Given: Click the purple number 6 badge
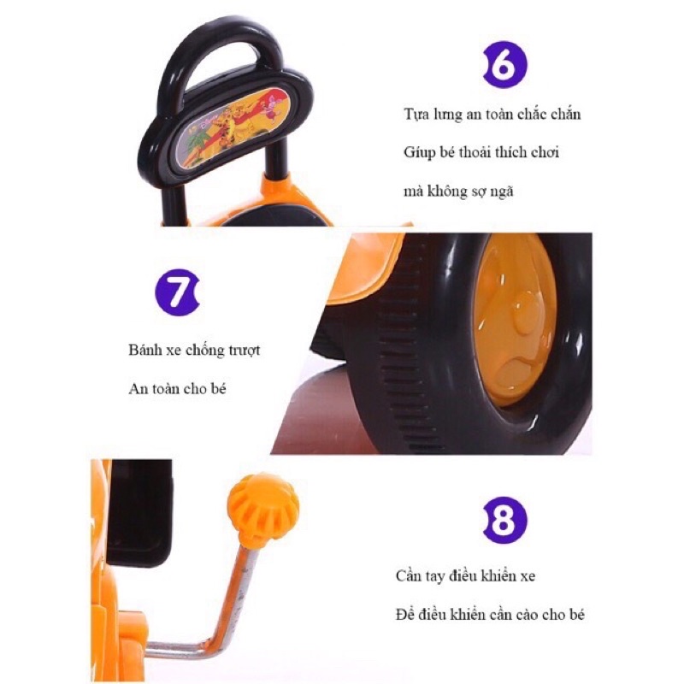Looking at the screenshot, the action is pos(504,65).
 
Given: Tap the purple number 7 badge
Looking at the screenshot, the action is pos(178,292).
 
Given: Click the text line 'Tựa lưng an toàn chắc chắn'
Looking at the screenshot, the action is pos(492,115).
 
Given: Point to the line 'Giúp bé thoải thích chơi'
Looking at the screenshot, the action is pos(481,153).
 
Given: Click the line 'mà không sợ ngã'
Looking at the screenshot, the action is pos(458,192).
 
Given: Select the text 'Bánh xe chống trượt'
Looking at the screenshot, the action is pos(194,351).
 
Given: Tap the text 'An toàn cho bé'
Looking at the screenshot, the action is pos(177,389).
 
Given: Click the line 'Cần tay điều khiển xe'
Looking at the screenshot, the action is pos(465,575).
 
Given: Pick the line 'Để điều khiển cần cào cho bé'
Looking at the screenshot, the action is pos(490,614).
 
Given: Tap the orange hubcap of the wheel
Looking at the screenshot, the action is pos(515,321).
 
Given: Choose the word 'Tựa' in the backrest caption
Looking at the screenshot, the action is pos(415,115).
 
